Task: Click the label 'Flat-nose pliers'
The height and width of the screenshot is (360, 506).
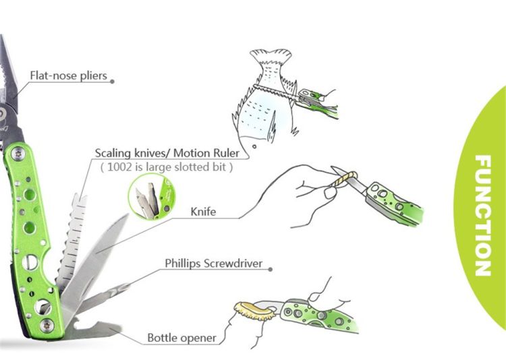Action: click(68, 75)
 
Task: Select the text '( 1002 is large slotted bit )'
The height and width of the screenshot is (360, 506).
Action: click(166, 167)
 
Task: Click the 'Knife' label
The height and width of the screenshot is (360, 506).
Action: click(202, 212)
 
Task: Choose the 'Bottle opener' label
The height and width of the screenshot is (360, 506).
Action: click(182, 337)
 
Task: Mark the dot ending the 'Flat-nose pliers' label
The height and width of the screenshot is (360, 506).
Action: click(112, 81)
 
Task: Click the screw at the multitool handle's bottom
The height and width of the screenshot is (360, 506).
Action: click(46, 326)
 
